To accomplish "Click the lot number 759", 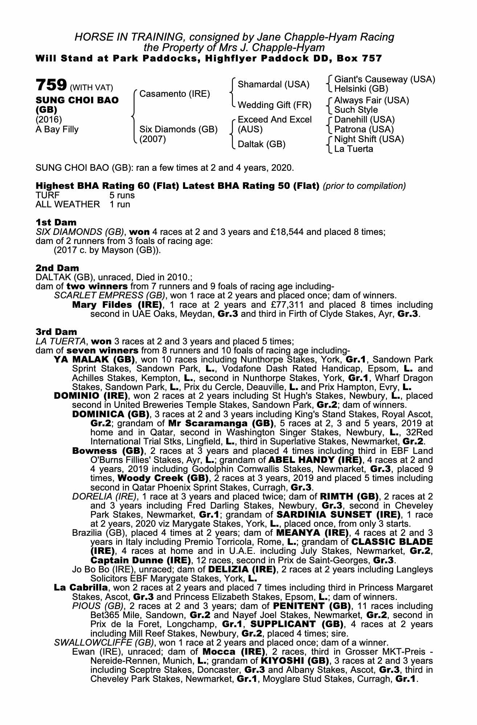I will [51, 85].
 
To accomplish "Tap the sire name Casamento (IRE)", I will [175, 94].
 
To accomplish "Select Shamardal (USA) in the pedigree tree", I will [273, 84].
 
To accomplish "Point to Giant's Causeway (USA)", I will [384, 79].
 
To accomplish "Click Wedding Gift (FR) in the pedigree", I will [274, 105].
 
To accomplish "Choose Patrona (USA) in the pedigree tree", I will [364, 129].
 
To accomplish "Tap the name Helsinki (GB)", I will [361, 89].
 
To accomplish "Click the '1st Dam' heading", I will [56, 222].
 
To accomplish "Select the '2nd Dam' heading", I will [57, 268].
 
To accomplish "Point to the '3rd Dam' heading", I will [56, 332].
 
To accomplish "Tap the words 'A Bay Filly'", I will [57, 129].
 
